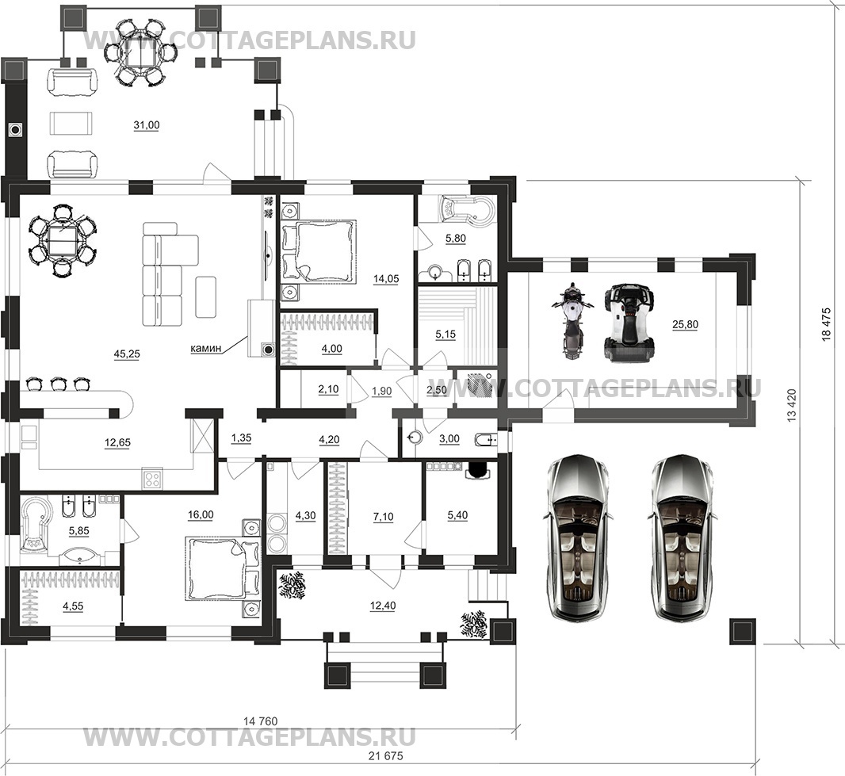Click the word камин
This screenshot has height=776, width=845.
(206, 349)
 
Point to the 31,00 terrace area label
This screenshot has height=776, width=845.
(147, 125)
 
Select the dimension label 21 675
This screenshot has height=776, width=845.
(386, 755)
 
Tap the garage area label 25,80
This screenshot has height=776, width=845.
(685, 324)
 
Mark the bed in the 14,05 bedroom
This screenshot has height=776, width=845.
(319, 251)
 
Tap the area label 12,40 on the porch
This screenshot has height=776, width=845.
(383, 606)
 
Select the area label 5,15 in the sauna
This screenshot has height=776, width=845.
(445, 334)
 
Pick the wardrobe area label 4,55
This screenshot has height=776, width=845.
(73, 606)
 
